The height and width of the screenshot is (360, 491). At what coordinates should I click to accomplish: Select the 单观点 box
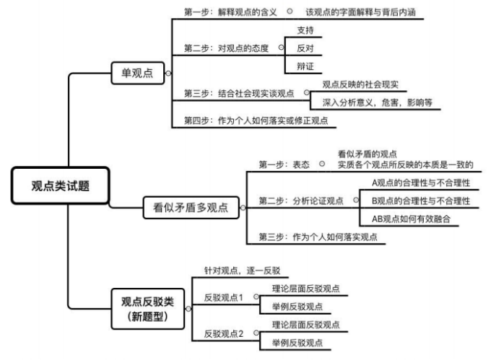tap(137, 72)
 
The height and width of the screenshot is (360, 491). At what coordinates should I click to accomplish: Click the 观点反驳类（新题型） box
tap(147, 307)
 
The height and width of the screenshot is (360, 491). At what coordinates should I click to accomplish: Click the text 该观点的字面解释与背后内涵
tap(360, 12)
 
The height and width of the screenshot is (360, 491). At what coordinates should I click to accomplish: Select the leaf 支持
tap(305, 30)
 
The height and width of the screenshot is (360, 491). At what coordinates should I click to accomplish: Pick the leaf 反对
tap(305, 48)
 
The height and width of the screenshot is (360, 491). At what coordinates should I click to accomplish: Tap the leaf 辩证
tap(305, 66)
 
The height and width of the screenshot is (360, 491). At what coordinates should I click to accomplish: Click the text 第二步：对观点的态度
tap(226, 48)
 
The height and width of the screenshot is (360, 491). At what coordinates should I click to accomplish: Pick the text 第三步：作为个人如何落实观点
tap(317, 237)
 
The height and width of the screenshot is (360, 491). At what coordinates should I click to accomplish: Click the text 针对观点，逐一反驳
tap(241, 271)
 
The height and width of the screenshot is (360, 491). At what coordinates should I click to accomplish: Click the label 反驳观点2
tap(225, 333)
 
